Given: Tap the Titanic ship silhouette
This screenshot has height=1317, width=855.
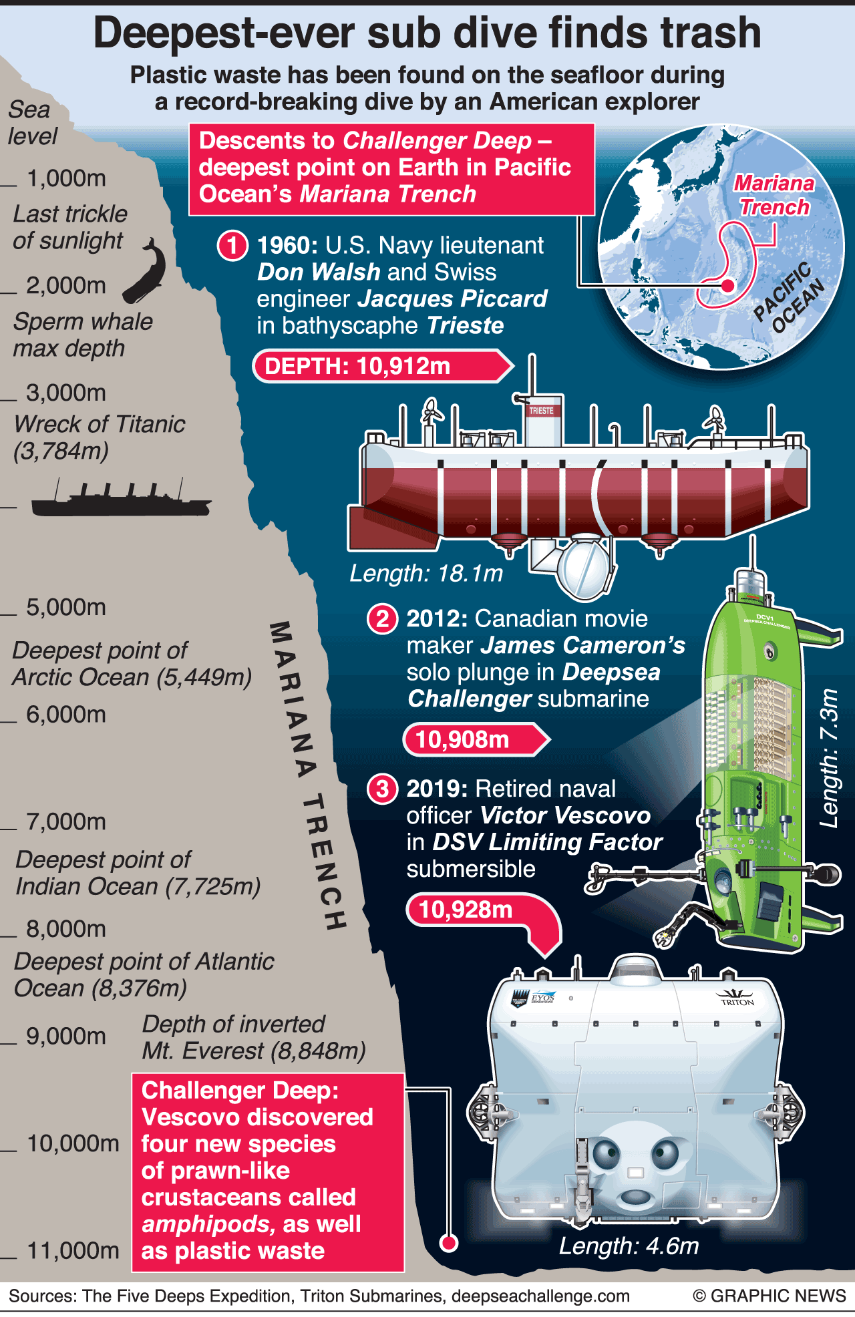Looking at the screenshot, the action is pos(121,499).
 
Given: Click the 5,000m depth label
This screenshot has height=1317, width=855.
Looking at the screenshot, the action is pos(66,607).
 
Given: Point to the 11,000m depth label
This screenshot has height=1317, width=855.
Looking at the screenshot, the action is pos(73,1250).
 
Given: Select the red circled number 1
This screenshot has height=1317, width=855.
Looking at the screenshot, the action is pos(232,246).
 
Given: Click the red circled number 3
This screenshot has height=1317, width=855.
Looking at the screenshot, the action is pos(382,789).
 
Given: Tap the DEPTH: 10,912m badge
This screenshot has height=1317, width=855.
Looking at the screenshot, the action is pos(382,366).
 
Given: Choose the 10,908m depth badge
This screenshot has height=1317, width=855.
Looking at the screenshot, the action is pos(476,739).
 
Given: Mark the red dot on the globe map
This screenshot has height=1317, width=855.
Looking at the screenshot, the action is pos(728,286).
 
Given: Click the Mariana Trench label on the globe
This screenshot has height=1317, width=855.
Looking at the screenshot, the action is pos(774,195).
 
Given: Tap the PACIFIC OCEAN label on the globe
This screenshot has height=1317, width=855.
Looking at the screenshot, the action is pos(790,297).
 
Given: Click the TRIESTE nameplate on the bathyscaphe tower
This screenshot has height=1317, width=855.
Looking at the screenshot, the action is pos(541,411).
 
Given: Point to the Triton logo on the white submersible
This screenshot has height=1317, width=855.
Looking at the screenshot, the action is pos(737,997).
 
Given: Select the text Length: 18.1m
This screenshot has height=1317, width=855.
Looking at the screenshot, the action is pos(426,573).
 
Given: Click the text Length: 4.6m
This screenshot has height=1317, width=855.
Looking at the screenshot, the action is pos(629,1246).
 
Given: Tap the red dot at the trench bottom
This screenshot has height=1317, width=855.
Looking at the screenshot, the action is pos(449,1243).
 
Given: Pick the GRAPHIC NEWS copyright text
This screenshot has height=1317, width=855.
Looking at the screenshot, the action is pos(769,1296).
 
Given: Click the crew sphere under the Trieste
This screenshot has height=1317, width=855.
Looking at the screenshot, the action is pos(584,564).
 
